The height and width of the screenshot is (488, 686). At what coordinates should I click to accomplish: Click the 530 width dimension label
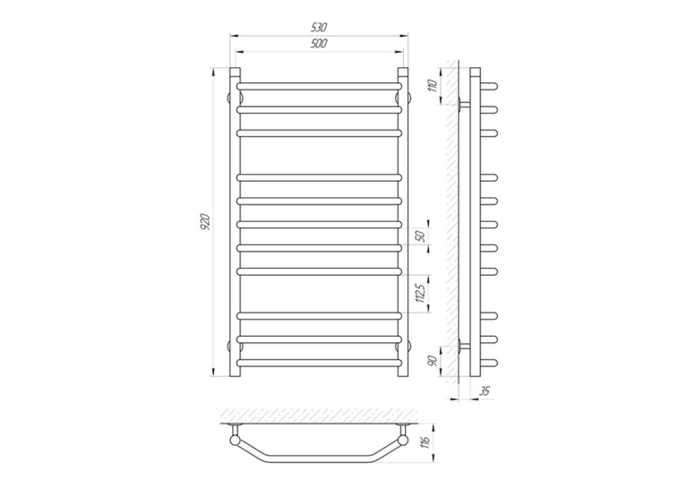tap(319, 27)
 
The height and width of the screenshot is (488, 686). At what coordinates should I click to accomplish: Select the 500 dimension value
tap(320, 43)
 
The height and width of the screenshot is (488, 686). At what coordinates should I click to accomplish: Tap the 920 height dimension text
tap(206, 222)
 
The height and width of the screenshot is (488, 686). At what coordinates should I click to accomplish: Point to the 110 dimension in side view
tap(433, 86)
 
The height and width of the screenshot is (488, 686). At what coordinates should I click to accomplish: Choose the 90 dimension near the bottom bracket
tap(433, 361)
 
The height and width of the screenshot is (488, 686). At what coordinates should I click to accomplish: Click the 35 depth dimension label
tap(484, 391)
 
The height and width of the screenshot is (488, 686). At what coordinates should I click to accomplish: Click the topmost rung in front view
tap(319, 86)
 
